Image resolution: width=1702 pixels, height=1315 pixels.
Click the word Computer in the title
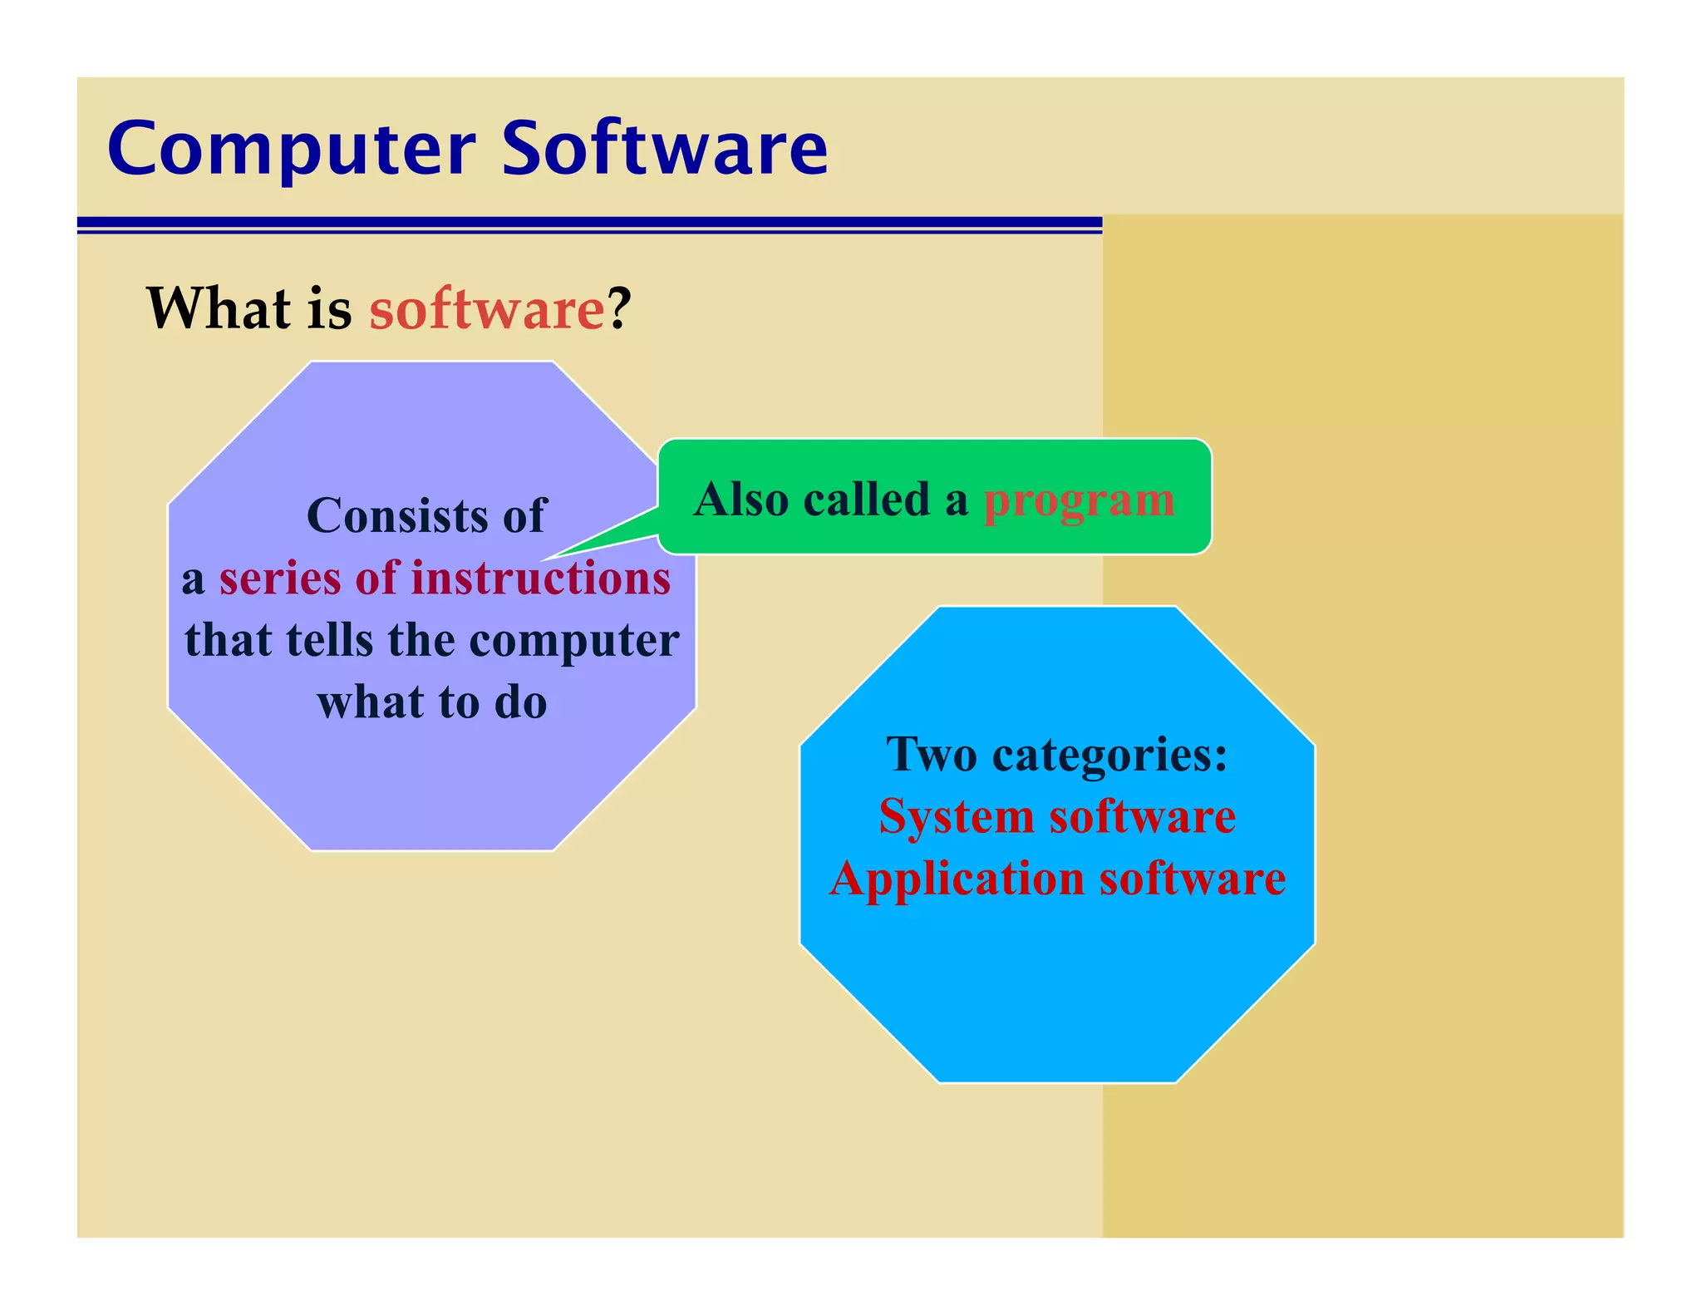coord(291,150)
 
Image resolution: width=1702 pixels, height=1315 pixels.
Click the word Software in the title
coord(665,150)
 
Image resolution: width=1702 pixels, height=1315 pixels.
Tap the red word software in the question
coord(487,309)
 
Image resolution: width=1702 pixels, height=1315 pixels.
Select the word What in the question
coord(219,309)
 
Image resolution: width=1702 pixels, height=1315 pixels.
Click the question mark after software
coord(619,309)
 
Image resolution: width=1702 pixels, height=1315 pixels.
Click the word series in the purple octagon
coord(279,579)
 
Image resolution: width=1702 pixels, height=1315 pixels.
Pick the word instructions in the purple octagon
coord(540,579)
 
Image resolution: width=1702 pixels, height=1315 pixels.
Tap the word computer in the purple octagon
coord(573,641)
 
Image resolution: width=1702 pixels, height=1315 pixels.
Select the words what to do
coord(432,702)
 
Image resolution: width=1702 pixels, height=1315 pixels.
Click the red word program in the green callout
coord(1079,500)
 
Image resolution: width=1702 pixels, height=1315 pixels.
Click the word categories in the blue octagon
coord(1109,756)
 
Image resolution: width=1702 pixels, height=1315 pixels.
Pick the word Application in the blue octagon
coord(957,879)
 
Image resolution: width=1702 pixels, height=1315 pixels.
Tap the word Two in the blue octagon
coord(931,756)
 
